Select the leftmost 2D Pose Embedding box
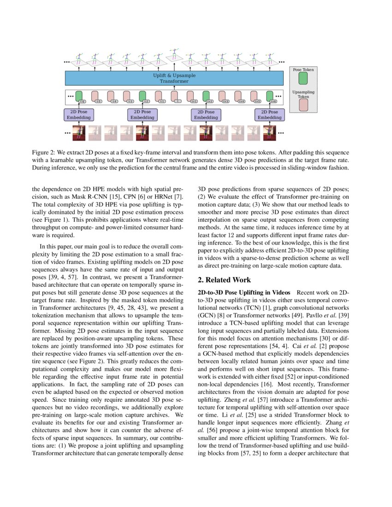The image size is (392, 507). click(78, 115)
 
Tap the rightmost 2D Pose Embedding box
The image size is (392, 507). click(269, 115)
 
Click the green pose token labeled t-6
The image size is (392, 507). click(78, 96)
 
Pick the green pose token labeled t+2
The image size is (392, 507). click(206, 96)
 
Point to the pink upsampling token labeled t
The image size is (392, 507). click(174, 96)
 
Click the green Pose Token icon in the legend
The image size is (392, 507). click(303, 79)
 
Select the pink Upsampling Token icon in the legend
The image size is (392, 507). click(303, 105)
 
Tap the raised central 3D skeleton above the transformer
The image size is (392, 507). click(174, 54)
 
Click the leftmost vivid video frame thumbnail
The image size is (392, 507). click(79, 133)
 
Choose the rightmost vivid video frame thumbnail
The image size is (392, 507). click(270, 133)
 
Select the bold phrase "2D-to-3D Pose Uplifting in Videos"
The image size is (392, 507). click(244, 293)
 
